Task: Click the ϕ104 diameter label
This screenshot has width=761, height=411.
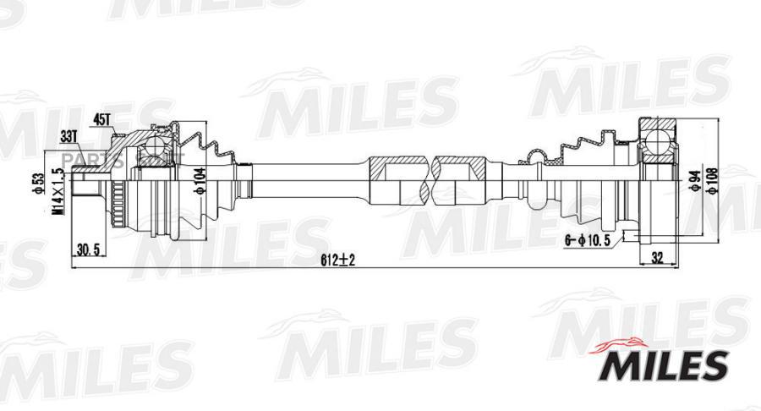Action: coord(200,180)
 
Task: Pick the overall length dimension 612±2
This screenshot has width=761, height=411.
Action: coord(338,260)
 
